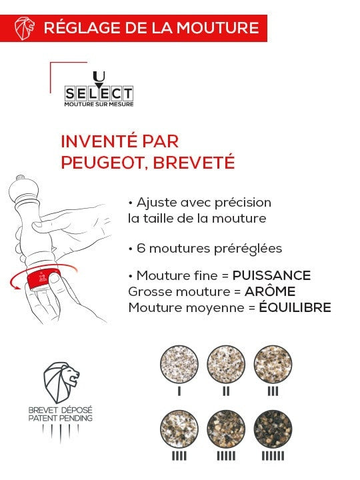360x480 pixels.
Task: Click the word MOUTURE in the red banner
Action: point(222,28)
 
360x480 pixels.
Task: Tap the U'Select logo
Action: point(99,91)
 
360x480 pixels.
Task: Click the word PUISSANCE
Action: point(271,275)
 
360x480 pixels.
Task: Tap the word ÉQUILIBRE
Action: point(294,307)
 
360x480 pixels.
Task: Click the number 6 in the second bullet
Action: point(141,248)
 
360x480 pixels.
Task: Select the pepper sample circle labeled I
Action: point(179,364)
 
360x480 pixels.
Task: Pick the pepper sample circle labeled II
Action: point(226,364)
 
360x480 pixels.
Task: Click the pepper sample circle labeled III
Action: point(273,364)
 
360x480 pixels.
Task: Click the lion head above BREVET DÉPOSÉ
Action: point(61,383)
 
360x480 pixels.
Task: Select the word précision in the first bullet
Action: point(245,202)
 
